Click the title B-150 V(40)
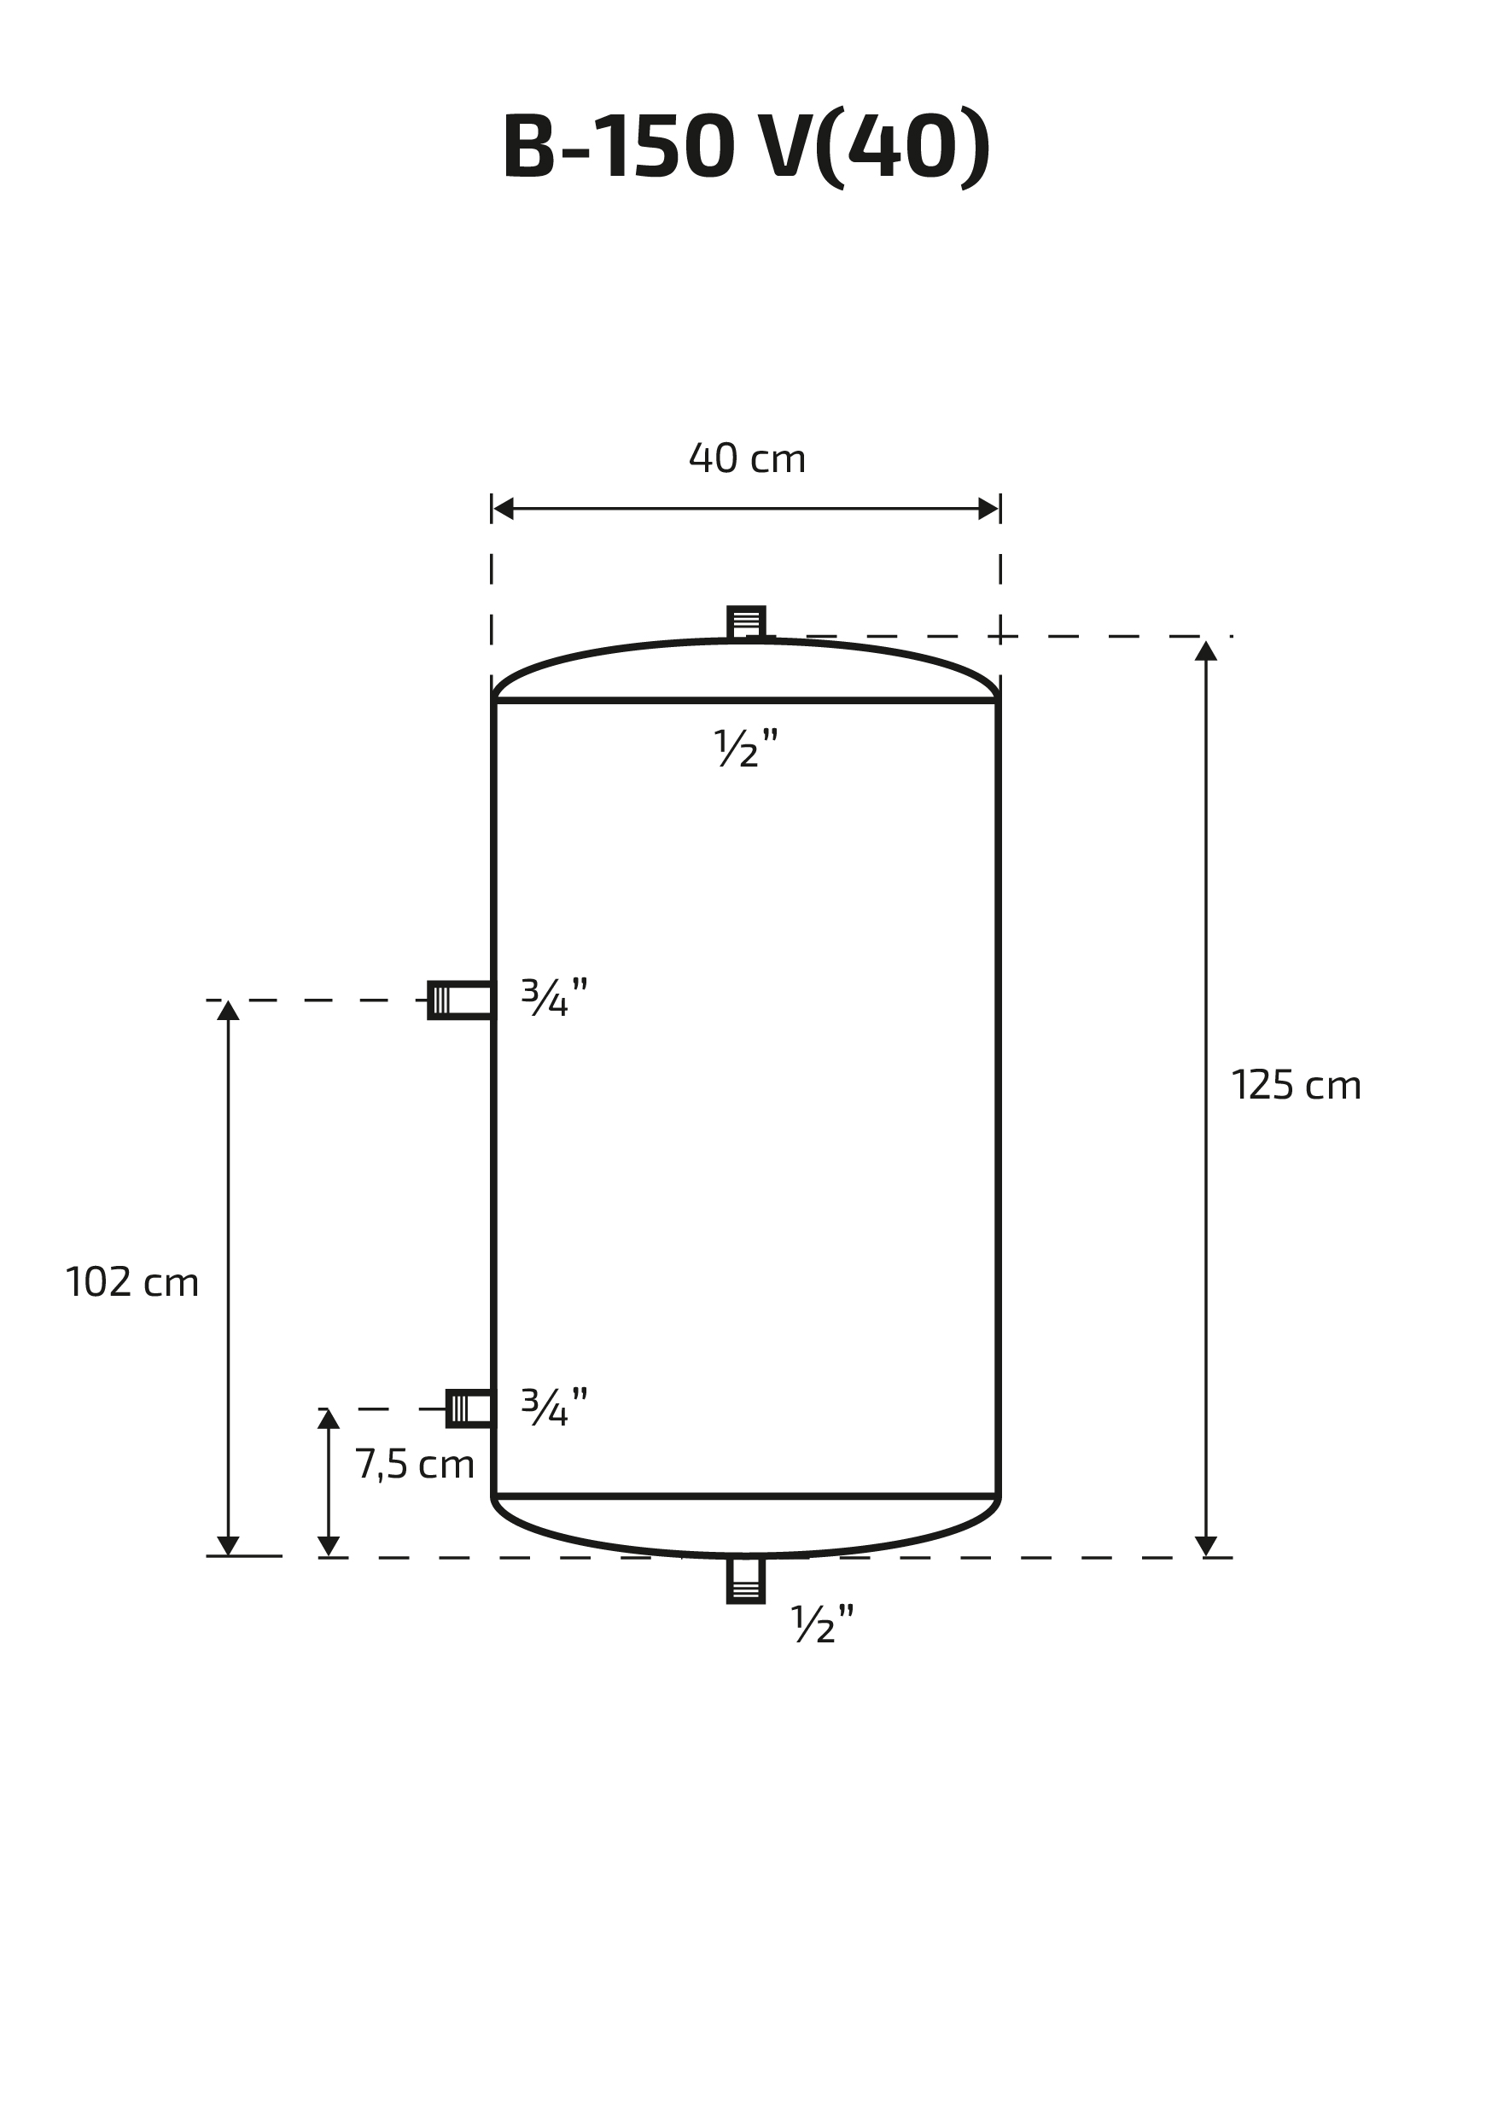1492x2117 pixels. pyautogui.click(x=746, y=148)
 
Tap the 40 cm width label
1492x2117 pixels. pyautogui.click(x=747, y=458)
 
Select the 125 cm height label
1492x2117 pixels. pyautogui.click(x=1296, y=1085)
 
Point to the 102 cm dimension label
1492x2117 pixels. pyautogui.click(x=131, y=1282)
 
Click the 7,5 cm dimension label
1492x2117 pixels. pyautogui.click(x=415, y=1464)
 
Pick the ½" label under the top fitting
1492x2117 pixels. pyautogui.click(x=746, y=748)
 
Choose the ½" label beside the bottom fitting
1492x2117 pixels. pyautogui.click(x=823, y=1624)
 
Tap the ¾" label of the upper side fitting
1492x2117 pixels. pyautogui.click(x=554, y=997)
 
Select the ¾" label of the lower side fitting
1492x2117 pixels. pyautogui.click(x=554, y=1407)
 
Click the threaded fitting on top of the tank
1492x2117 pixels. pyautogui.click(x=746, y=622)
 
